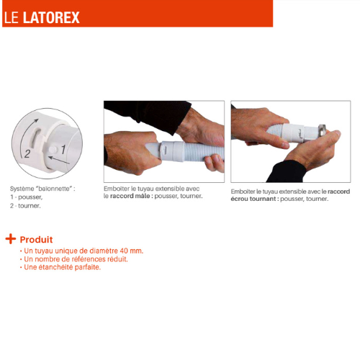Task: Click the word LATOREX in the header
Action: tap(51, 17)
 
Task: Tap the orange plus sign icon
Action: tap(11, 239)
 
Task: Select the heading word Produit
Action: tap(36, 240)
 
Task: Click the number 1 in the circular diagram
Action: tap(63, 149)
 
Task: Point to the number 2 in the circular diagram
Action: tap(27, 153)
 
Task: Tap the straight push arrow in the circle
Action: tap(59, 161)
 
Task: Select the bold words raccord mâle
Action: tap(130, 196)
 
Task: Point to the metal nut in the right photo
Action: tap(322, 130)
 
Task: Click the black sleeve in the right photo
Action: tap(286, 171)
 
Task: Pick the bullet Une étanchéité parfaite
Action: tap(62, 267)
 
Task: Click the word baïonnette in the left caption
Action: tap(54, 189)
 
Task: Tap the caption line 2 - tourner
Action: tap(25, 206)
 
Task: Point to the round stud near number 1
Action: tap(53, 150)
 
